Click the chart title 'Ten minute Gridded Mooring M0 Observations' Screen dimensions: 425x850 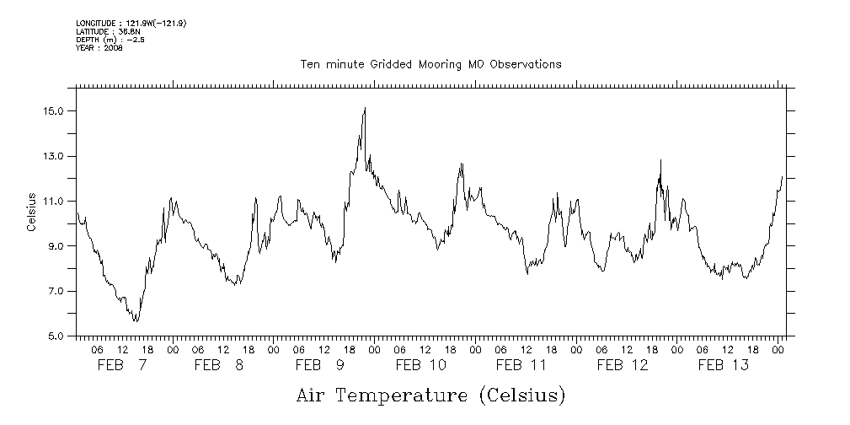430,64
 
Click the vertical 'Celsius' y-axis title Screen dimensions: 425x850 32,212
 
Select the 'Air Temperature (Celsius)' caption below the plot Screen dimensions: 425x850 430,395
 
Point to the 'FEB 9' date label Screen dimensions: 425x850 319,365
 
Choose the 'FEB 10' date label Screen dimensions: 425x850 420,365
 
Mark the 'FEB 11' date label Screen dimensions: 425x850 521,365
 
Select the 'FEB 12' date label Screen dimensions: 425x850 623,365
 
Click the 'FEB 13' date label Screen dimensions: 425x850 724,365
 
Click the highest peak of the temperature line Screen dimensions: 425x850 365,108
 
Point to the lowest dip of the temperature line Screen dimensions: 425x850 135,321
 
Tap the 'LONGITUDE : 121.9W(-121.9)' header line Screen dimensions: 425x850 131,23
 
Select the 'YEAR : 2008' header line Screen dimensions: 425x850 99,48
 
